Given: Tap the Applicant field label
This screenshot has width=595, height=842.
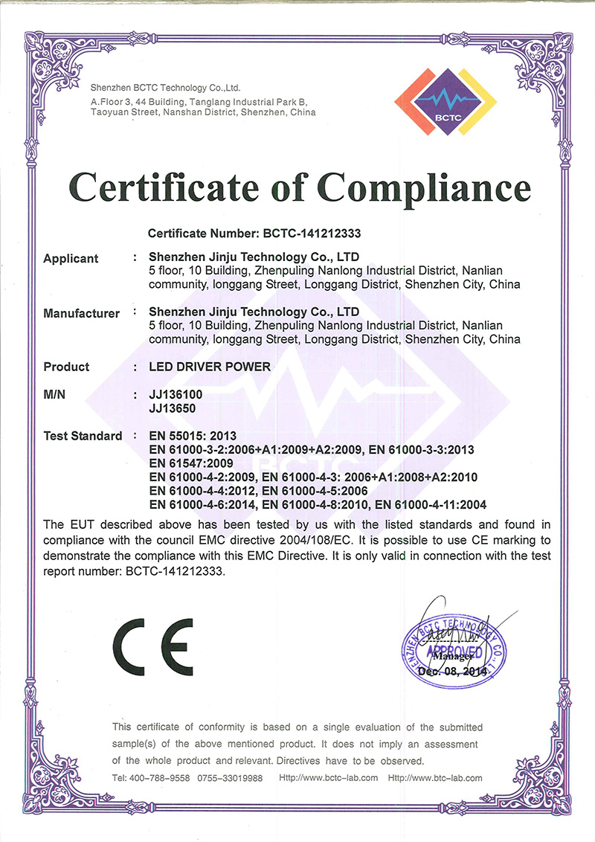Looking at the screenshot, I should pos(71,259).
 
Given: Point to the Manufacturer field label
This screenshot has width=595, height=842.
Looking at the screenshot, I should pos(81,313).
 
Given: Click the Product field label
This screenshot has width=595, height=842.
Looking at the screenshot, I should pos(66,367).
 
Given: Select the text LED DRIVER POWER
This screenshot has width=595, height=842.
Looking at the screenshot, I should pos(210,367).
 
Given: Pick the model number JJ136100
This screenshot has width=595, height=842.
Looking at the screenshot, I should pos(175,395).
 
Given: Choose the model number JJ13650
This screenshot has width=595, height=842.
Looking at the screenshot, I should pos(172,408).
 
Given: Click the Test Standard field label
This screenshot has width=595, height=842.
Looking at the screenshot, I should pos(83,436).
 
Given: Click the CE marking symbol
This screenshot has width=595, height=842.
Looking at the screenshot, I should pos(153,643).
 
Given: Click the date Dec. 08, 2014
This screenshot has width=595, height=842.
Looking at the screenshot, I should pos(452,671).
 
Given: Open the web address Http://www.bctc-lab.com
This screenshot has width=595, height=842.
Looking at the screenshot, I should pos(328,778).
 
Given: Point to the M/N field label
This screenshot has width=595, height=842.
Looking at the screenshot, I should pos(55,395).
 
